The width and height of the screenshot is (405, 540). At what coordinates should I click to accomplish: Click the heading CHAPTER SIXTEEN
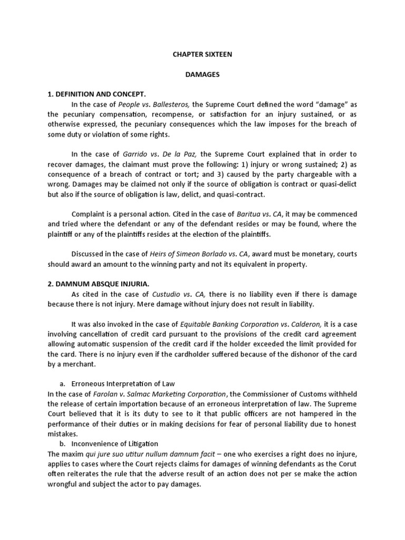pyautogui.click(x=202, y=54)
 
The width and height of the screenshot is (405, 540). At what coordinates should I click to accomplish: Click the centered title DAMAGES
pyautogui.click(x=202, y=74)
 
